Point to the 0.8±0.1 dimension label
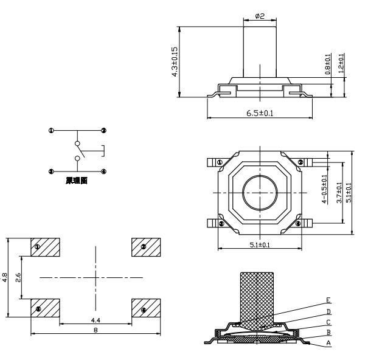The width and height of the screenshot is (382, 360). tap(328, 64)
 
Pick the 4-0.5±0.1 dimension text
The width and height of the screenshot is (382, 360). tap(324, 189)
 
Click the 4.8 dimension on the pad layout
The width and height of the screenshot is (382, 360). tap(5, 277)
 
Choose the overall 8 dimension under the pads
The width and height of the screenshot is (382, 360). tap(95, 329)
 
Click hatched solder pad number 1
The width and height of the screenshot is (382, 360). tap(45, 247)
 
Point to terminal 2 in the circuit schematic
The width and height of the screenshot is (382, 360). tap(104, 131)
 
